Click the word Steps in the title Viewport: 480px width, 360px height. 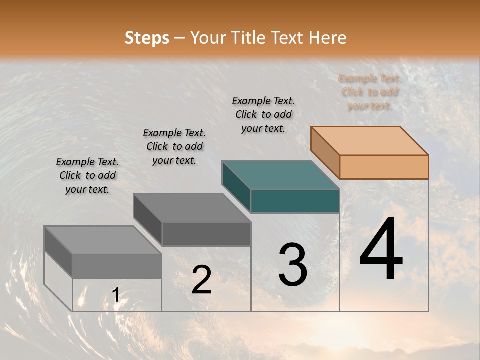(147, 38)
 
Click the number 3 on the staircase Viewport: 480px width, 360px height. (292, 265)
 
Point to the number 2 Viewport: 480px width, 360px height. (201, 280)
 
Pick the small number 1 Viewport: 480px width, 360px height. (115, 295)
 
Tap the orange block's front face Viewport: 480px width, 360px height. (384, 167)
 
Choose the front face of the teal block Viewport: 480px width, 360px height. (295, 201)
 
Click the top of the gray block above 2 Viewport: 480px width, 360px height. (192, 208)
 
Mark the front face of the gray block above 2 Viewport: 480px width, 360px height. (206, 234)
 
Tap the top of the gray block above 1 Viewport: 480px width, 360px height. (103, 240)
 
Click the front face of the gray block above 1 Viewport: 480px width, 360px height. (117, 266)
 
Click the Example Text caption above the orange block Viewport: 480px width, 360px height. (369, 92)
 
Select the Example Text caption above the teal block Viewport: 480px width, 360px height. (263, 114)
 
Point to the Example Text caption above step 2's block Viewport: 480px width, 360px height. (174, 146)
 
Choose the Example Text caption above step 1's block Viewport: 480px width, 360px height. (87, 175)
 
